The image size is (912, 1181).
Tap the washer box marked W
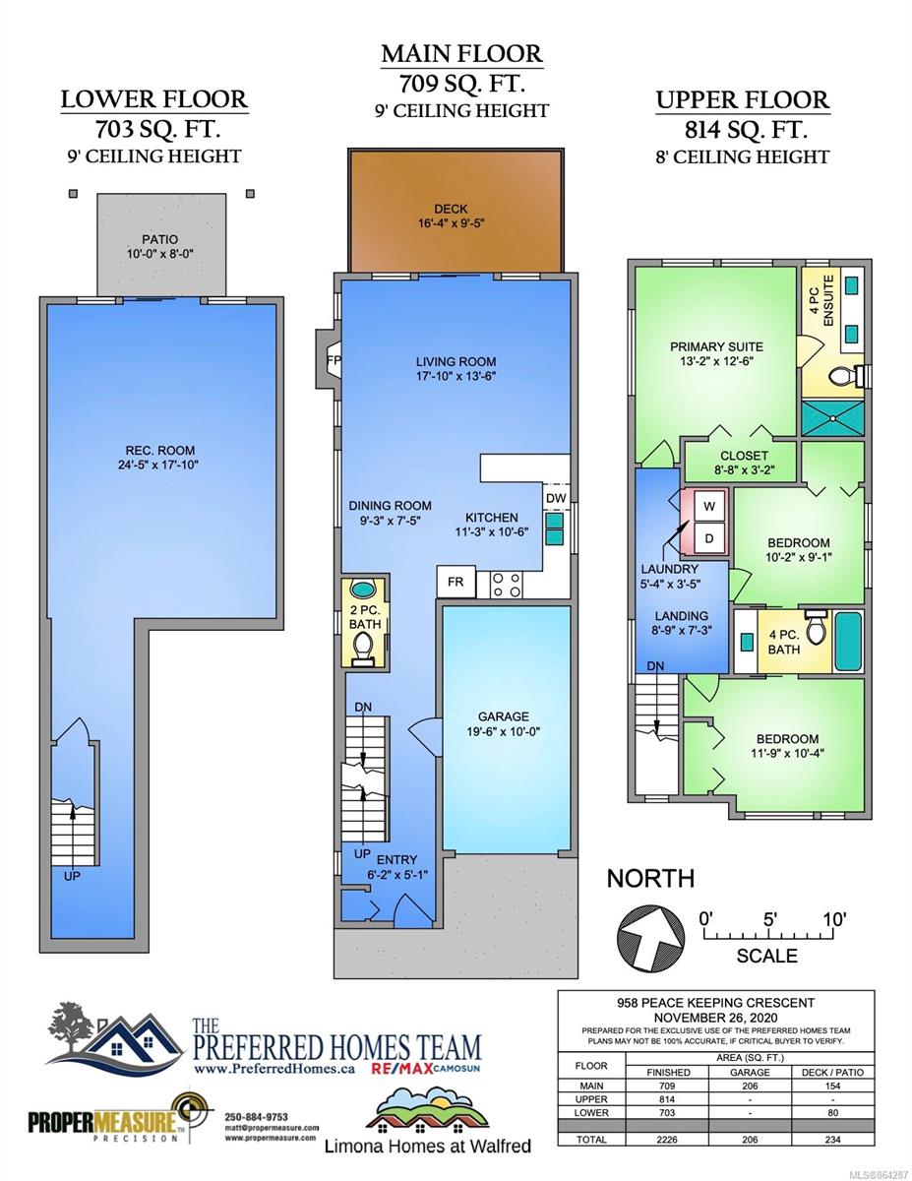pyautogui.click(x=709, y=506)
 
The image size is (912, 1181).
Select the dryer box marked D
pyautogui.click(x=709, y=538)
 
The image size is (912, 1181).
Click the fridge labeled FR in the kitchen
pyautogui.click(x=456, y=582)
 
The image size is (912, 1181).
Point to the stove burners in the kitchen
pyautogui.click(x=507, y=585)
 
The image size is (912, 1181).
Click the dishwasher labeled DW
pyautogui.click(x=556, y=498)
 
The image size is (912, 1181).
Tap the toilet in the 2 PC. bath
pyautogui.click(x=362, y=649)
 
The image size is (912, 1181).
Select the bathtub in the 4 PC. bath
pyautogui.click(x=848, y=642)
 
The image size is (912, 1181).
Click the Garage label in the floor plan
pyautogui.click(x=503, y=724)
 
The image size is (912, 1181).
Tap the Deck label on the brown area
pyautogui.click(x=451, y=216)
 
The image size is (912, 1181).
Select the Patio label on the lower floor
pyautogui.click(x=160, y=246)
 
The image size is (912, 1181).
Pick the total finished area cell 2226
pyautogui.click(x=666, y=1139)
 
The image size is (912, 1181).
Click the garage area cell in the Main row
pyautogui.click(x=750, y=1086)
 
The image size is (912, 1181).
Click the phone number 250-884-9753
pyautogui.click(x=257, y=1117)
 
